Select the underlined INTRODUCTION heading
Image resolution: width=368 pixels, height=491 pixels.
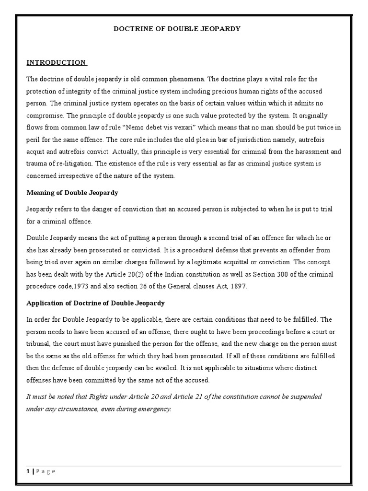coord(56,62)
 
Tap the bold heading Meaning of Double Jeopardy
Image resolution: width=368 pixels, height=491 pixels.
coord(72,193)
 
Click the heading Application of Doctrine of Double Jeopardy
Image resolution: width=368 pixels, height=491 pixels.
coord(95,303)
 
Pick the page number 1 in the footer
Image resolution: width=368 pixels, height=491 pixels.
coord(28,471)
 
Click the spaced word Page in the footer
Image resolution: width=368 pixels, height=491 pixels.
coord(46,471)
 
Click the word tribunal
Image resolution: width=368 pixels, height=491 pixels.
coord(38,344)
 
